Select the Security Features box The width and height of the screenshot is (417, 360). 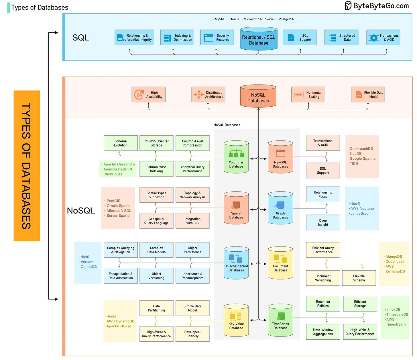click(x=217, y=38)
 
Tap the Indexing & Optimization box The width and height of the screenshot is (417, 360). click(x=177, y=38)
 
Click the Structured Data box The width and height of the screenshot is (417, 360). click(x=341, y=38)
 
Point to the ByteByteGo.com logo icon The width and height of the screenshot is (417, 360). click(x=348, y=6)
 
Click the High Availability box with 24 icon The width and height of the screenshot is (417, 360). click(x=148, y=95)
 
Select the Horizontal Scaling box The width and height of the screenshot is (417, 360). click(x=308, y=95)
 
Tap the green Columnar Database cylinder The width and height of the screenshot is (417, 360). click(x=236, y=157)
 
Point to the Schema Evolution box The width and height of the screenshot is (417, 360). click(x=121, y=143)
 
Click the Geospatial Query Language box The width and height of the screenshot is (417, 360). click(x=156, y=221)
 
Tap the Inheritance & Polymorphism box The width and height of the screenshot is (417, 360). click(x=192, y=276)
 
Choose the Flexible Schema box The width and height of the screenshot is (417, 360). click(x=359, y=278)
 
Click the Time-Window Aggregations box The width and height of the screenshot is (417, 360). click(x=323, y=332)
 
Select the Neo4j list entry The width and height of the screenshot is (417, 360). click(x=355, y=204)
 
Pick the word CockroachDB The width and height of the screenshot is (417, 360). click(x=361, y=148)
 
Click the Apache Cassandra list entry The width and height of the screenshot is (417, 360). click(x=119, y=164)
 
